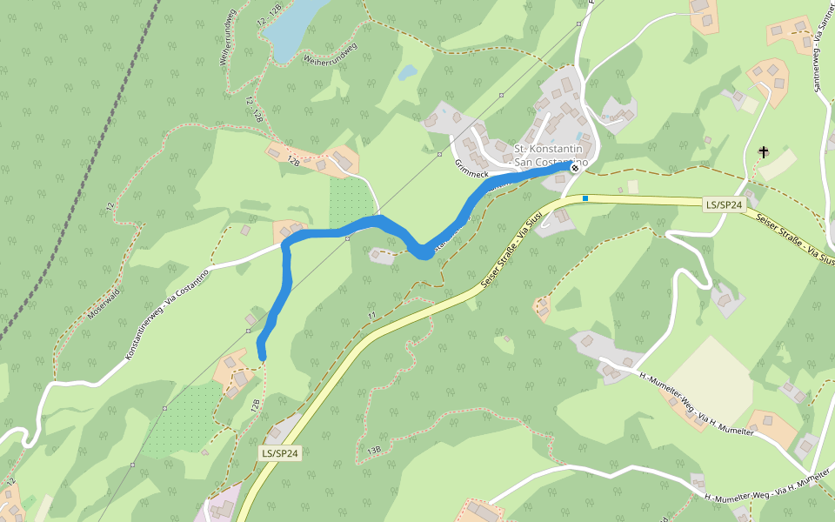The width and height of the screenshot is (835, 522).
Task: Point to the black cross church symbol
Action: [x=764, y=152]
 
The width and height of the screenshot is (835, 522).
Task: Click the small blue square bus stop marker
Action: [x=585, y=198]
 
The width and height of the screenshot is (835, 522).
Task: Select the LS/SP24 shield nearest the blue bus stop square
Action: [x=725, y=204]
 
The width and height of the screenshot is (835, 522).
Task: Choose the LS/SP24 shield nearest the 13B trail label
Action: [x=280, y=453]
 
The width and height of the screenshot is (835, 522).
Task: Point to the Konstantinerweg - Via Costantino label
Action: [x=167, y=315]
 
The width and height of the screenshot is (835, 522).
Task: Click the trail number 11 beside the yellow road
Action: [x=371, y=315]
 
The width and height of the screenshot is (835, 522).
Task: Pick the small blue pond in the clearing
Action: [x=407, y=73]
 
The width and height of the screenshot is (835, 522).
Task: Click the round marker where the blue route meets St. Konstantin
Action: [x=574, y=168]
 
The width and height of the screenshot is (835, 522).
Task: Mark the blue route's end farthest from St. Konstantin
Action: [x=261, y=354]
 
